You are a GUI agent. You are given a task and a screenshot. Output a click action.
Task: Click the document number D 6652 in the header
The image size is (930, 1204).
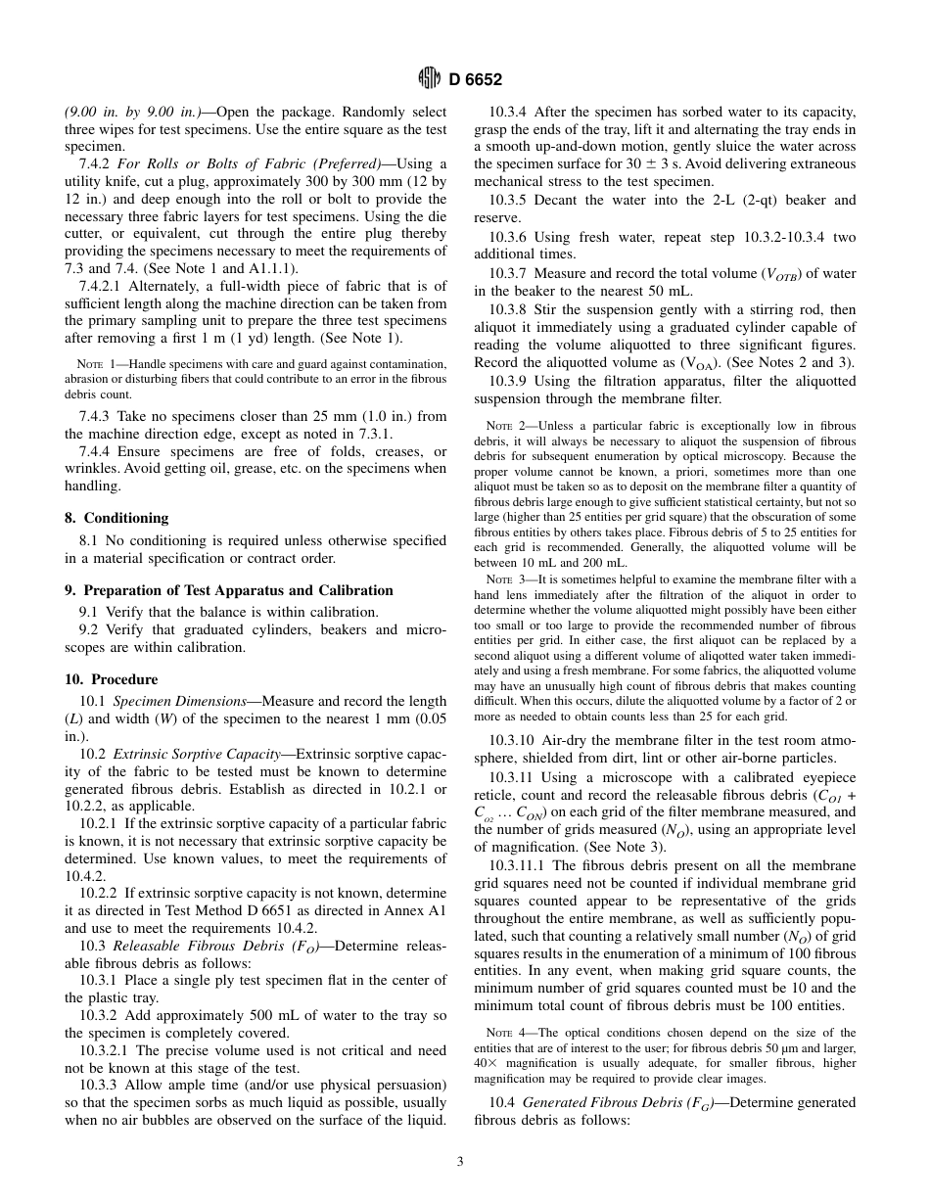point(476,80)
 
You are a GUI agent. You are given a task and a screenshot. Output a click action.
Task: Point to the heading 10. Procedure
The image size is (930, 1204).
point(111,679)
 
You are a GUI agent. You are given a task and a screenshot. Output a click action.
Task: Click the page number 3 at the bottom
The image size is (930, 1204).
point(460,1162)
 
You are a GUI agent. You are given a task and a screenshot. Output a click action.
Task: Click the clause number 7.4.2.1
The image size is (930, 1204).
point(102,286)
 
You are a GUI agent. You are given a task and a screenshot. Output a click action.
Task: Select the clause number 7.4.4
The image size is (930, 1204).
point(97,451)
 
